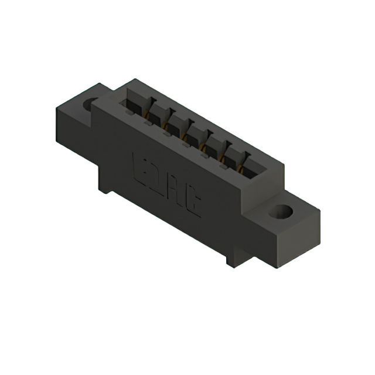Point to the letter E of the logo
141,165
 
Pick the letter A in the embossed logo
176,189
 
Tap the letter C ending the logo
193,202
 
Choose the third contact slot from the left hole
177,130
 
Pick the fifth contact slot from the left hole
217,152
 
